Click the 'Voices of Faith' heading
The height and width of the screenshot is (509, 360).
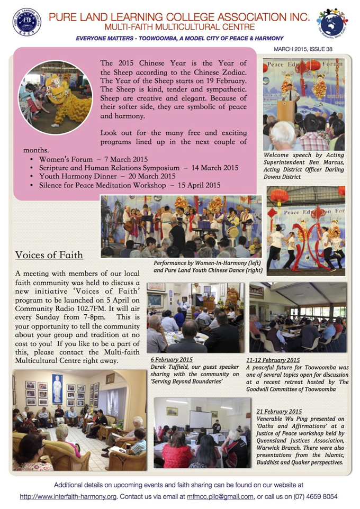pos(49,255)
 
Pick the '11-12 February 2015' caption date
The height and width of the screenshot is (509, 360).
pos(274,359)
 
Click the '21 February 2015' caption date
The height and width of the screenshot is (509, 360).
pos(278,411)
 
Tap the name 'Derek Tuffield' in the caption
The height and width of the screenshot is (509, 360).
pos(169,366)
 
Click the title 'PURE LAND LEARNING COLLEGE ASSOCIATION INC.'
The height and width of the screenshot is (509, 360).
pos(179,16)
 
